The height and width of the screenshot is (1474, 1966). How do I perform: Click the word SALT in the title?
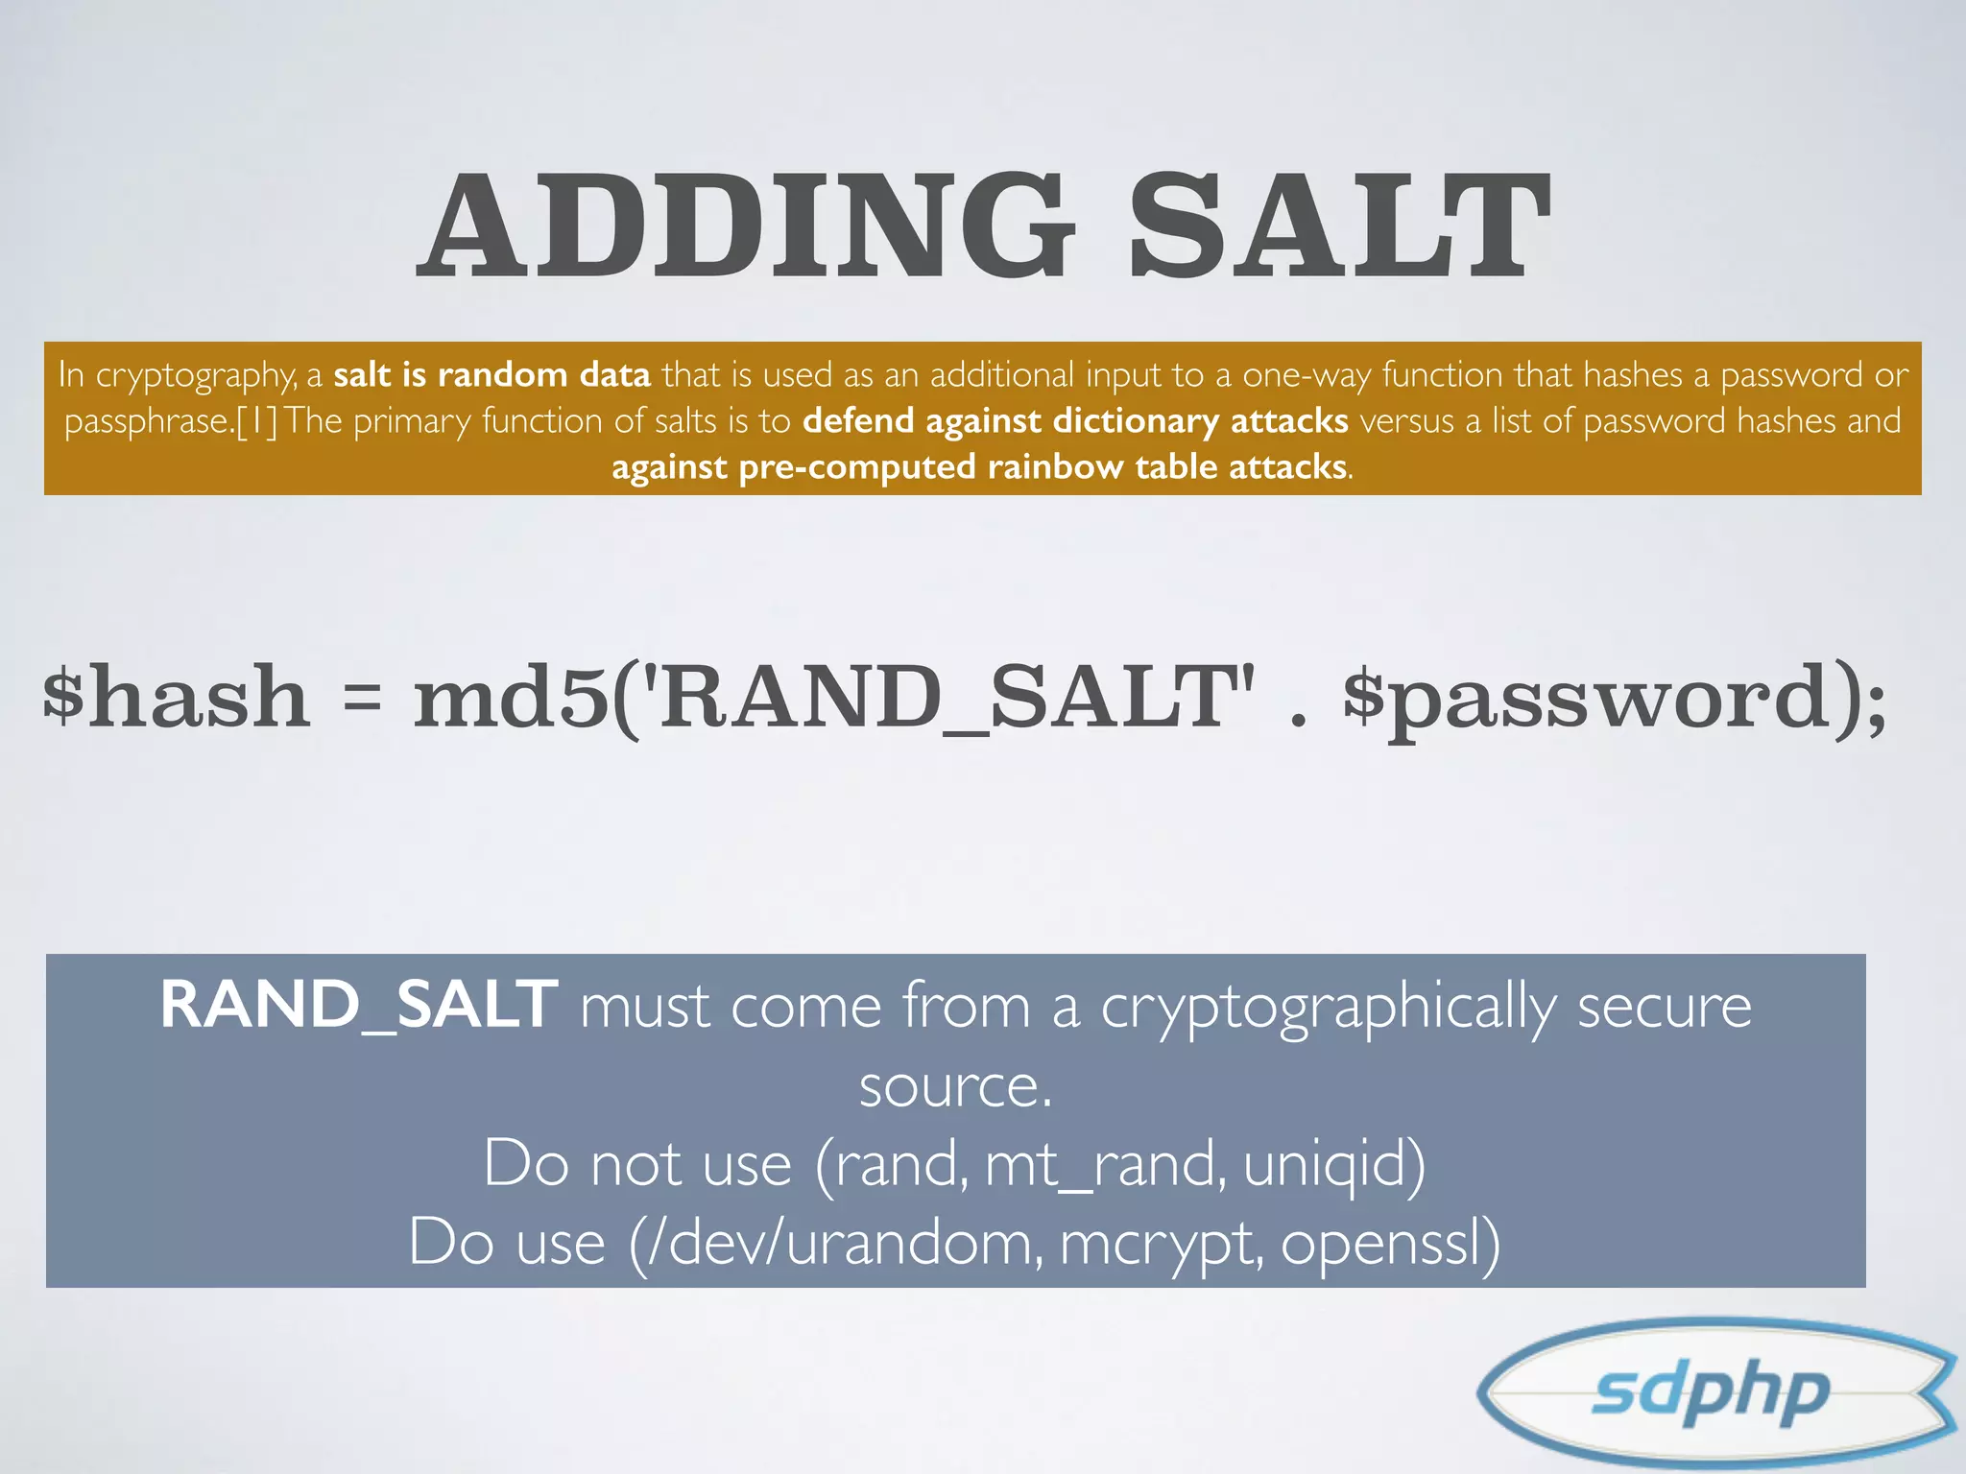pos(1338,226)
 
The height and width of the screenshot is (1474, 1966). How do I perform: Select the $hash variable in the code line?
pos(177,697)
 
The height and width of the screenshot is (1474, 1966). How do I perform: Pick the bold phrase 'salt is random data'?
pos(491,374)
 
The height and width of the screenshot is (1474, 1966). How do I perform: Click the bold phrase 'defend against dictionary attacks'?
pos(1075,420)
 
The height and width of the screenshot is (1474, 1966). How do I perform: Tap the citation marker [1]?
pos(256,421)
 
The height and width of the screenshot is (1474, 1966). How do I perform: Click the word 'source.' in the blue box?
pos(955,1086)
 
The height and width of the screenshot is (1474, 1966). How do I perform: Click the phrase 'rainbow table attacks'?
pos(1167,467)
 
